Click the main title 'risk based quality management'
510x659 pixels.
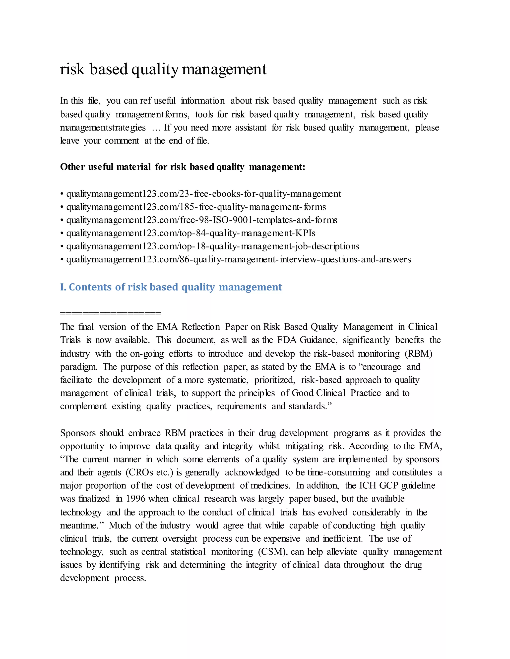click(163, 69)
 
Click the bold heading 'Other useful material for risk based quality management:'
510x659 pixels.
click(183, 167)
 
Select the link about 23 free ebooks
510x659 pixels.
click(203, 194)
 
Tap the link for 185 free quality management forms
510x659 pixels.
click(196, 207)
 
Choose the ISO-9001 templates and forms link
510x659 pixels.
click(201, 220)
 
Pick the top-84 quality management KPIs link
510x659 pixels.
click(191, 233)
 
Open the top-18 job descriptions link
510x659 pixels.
click(212, 246)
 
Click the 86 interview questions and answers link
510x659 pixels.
click(238, 259)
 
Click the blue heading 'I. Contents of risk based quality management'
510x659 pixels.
click(171, 287)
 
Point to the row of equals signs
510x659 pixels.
click(111, 313)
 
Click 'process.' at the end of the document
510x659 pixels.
click(130, 578)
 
